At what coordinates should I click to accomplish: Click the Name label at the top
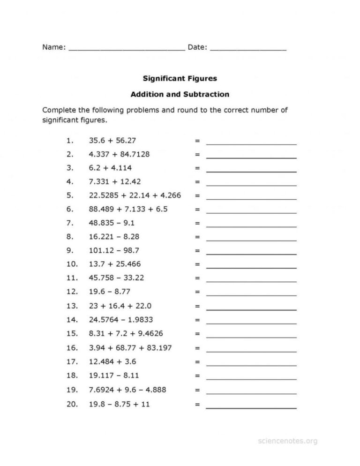(52, 47)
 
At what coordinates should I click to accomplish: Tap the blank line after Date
(248, 49)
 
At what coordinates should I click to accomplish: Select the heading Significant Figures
(180, 79)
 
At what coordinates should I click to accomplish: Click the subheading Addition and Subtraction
(180, 94)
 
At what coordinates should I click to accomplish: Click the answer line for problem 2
(251, 158)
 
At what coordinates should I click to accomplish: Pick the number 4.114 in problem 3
(121, 167)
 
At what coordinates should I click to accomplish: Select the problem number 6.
(70, 209)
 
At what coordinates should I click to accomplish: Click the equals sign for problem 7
(197, 223)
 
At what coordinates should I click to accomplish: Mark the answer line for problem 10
(251, 268)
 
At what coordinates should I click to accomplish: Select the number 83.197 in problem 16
(157, 348)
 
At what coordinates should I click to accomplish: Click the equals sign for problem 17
(197, 362)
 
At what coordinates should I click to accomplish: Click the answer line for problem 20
(251, 407)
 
